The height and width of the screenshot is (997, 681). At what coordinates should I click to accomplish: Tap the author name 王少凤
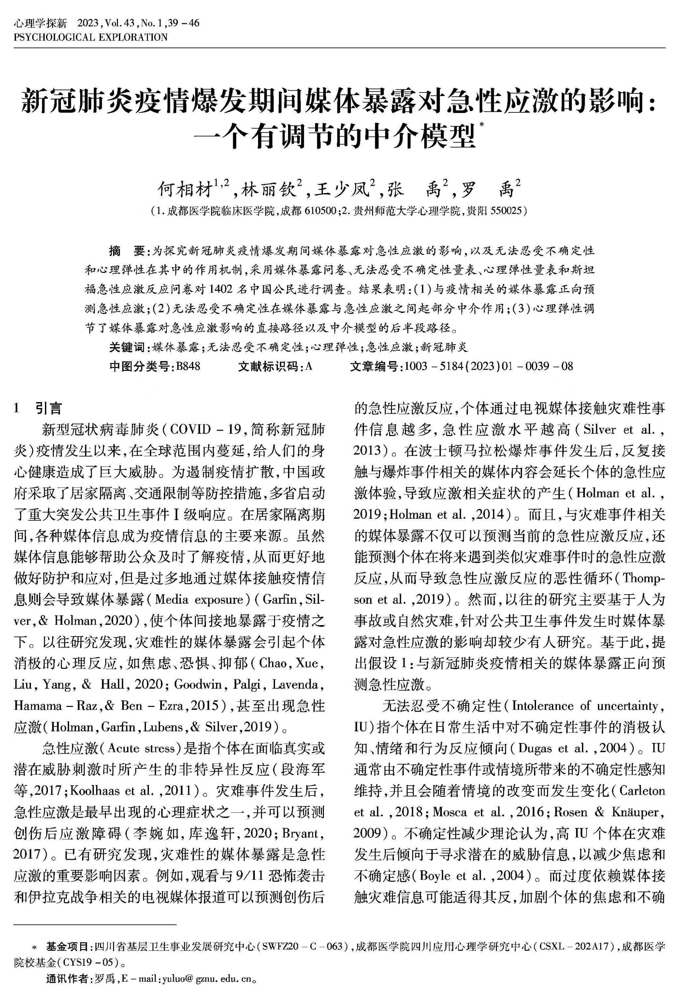342,189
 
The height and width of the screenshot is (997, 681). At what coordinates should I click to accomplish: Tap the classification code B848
188,366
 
